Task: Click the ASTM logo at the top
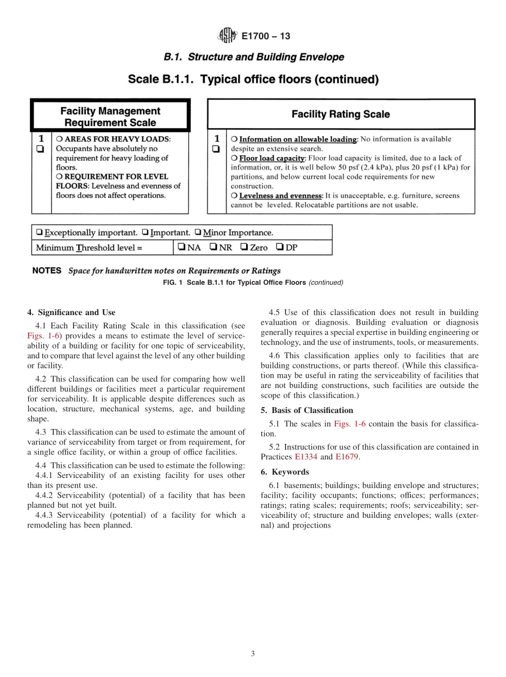pyautogui.click(x=227, y=36)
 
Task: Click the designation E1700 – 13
pyautogui.click(x=266, y=37)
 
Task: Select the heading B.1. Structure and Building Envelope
pyautogui.click(x=254, y=57)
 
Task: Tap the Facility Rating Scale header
pyautogui.click(x=340, y=114)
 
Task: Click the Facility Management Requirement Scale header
pyautogui.click(x=110, y=117)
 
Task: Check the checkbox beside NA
pyautogui.click(x=182, y=247)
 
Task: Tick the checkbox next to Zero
pyautogui.click(x=244, y=247)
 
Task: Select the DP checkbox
pyautogui.click(x=280, y=247)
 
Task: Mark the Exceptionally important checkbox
pyautogui.click(x=39, y=233)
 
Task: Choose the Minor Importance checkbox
pyautogui.click(x=198, y=233)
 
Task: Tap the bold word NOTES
pyautogui.click(x=47, y=270)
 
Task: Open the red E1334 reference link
pyautogui.click(x=306, y=457)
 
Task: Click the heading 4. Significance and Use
pyautogui.click(x=71, y=312)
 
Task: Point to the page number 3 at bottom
pyautogui.click(x=253, y=654)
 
